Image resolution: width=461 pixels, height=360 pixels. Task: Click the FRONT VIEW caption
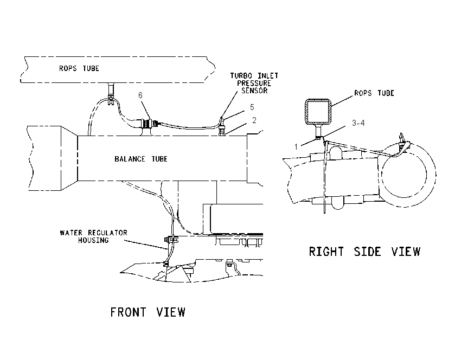click(x=148, y=312)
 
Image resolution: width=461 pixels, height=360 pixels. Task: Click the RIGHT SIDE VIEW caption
click(x=364, y=252)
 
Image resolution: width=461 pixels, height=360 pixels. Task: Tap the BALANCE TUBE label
click(x=141, y=159)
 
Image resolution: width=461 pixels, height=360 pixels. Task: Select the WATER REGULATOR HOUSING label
click(x=93, y=236)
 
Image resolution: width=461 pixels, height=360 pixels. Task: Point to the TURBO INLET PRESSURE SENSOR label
click(x=254, y=83)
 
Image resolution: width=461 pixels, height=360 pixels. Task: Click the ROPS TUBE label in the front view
click(x=79, y=68)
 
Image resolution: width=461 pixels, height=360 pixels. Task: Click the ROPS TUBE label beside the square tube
click(x=374, y=93)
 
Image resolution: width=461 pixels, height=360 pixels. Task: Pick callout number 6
click(x=140, y=95)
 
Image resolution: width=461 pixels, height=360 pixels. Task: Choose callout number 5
click(x=252, y=107)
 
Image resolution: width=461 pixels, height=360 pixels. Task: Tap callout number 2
click(x=254, y=120)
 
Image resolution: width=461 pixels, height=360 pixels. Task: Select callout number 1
click(x=296, y=146)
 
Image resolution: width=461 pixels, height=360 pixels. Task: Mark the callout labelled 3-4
click(x=358, y=123)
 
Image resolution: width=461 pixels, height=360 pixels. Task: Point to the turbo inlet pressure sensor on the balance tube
click(x=222, y=126)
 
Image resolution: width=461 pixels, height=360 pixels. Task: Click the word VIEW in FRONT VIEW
click(x=171, y=312)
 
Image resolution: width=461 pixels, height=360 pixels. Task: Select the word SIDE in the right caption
click(x=368, y=252)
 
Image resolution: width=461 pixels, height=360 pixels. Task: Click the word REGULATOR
click(x=108, y=233)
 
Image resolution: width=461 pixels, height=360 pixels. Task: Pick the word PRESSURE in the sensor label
click(x=254, y=83)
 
